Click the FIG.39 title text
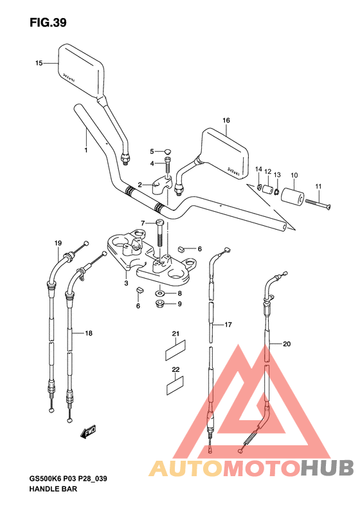coord(48,23)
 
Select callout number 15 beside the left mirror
coord(39,63)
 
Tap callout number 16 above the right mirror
coord(226,120)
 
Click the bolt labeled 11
coord(318,205)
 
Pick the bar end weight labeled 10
coord(292,197)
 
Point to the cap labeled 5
coord(167,151)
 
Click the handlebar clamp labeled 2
coord(161,186)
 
